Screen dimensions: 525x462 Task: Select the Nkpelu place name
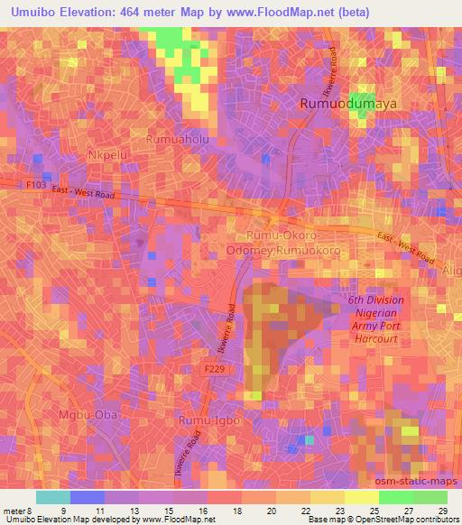click(x=106, y=155)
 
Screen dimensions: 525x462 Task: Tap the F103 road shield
click(x=35, y=183)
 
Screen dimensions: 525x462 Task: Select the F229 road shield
click(x=213, y=370)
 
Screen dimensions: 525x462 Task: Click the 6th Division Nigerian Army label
click(x=376, y=319)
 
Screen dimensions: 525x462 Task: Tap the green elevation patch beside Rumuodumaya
click(x=363, y=105)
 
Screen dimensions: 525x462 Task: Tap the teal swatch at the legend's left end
click(x=53, y=497)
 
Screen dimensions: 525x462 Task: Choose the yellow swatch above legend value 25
click(x=362, y=497)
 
